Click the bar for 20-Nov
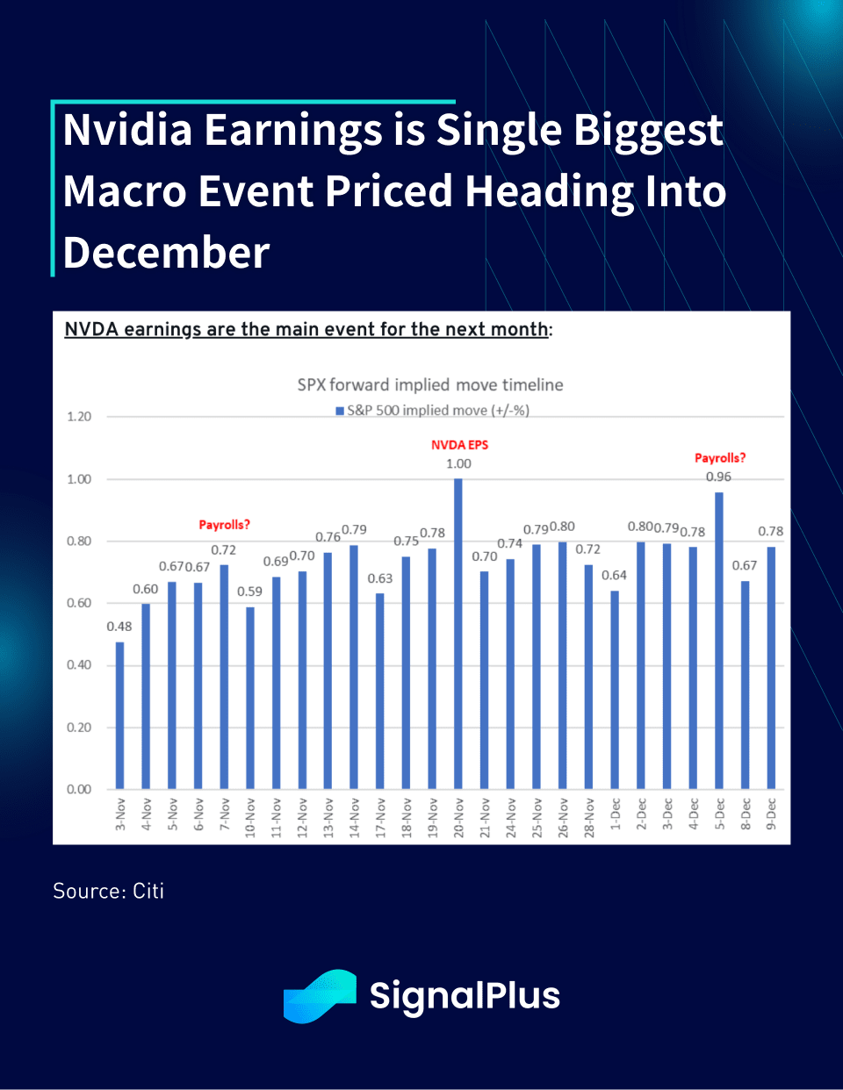point(458,634)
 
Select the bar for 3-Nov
point(119,715)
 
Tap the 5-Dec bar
point(719,641)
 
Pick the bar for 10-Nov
point(250,698)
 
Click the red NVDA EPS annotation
point(459,445)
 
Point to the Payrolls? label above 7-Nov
point(224,525)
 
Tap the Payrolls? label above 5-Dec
point(720,458)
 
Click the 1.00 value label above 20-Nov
point(458,463)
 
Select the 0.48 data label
point(119,627)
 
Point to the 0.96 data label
point(718,477)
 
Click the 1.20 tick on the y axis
point(79,417)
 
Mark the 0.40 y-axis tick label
point(79,665)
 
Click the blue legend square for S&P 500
point(340,411)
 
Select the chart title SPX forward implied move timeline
point(430,384)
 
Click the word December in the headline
point(167,253)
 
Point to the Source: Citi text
point(109,891)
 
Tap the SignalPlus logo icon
point(320,996)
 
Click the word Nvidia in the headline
point(128,130)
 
